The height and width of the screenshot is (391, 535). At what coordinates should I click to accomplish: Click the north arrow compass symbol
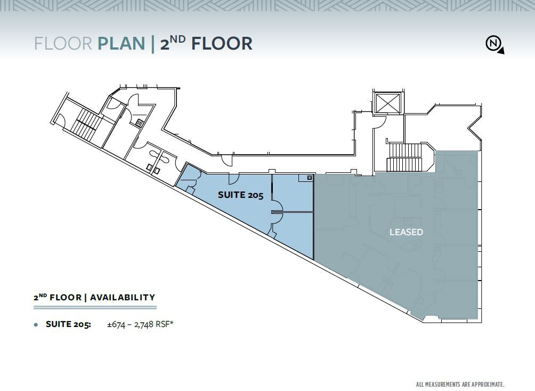(494, 44)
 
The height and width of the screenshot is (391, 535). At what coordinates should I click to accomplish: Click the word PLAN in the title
(121, 43)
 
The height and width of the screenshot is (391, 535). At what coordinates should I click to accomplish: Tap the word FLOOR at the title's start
(63, 43)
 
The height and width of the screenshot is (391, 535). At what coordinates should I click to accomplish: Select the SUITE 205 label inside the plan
(240, 195)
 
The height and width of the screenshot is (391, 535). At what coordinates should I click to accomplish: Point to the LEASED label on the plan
(406, 232)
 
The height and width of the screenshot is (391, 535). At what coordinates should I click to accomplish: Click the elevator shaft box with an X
(387, 102)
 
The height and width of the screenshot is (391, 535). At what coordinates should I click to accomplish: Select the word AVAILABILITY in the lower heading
(122, 298)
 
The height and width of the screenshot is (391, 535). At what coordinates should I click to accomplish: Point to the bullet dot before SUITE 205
(36, 324)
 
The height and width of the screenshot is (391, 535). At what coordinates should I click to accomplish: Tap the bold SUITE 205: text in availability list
(68, 324)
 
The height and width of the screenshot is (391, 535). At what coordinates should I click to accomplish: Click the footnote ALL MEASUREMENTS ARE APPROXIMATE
(459, 384)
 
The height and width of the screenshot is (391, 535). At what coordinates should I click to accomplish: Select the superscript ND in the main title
(179, 38)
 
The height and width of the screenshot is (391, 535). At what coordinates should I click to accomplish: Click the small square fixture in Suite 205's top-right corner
(309, 178)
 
